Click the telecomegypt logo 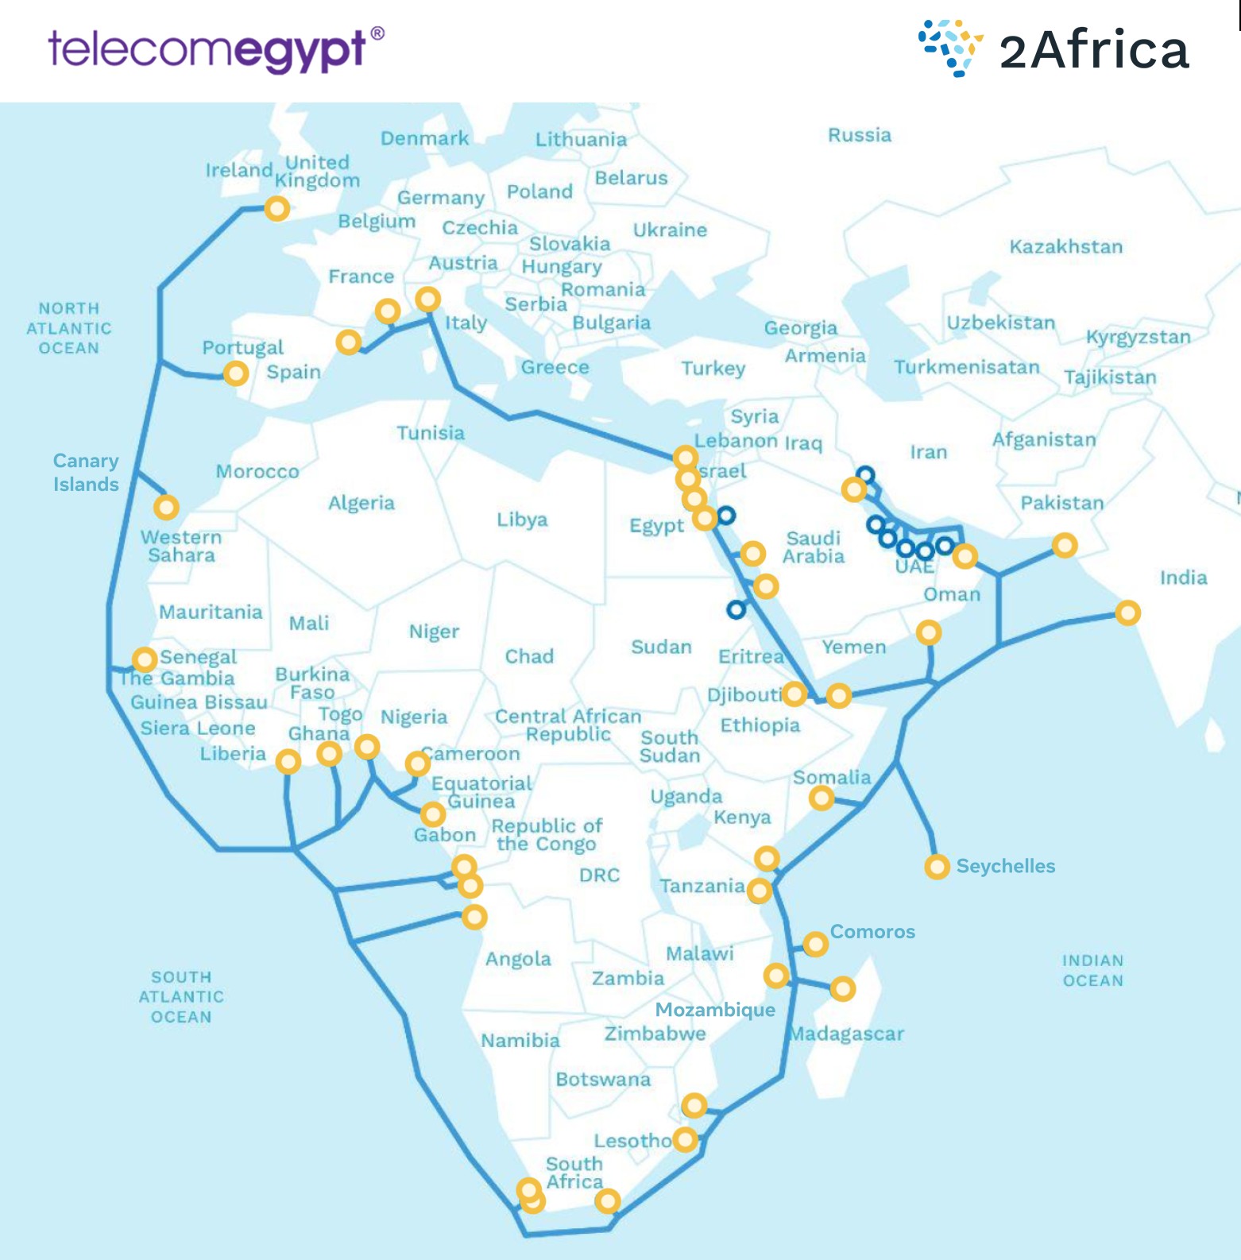point(215,49)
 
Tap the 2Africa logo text point(1093,50)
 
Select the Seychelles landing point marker point(937,867)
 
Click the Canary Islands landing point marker point(166,507)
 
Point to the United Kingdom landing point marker point(276,209)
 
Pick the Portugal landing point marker point(235,373)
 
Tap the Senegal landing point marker point(145,659)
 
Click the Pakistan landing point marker point(1065,545)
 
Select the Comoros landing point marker point(815,944)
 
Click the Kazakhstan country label point(1065,247)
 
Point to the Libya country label point(522,520)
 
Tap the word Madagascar point(847,1034)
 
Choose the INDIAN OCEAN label point(1093,971)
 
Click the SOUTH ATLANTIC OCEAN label point(181,997)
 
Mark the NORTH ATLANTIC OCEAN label point(69,328)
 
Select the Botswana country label point(603,1080)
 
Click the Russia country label point(860,135)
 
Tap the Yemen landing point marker point(839,696)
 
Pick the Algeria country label point(361,503)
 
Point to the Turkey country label point(713,368)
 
